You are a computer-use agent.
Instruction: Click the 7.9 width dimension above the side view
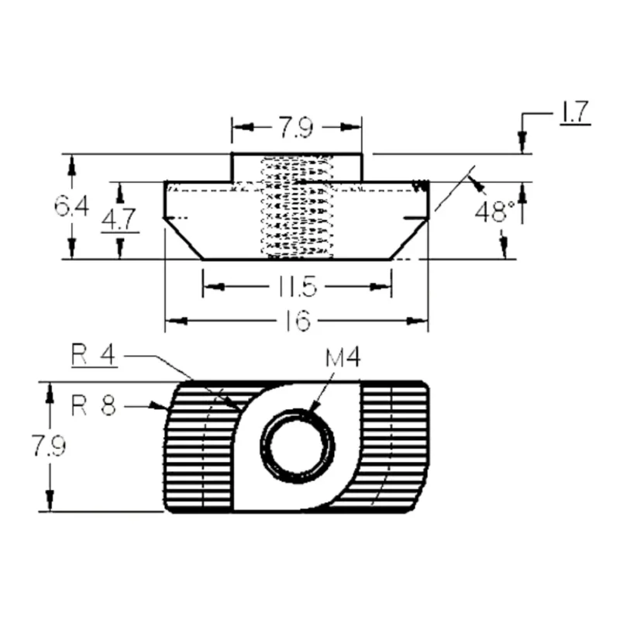[x=296, y=127]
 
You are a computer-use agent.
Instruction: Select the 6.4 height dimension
[x=71, y=206]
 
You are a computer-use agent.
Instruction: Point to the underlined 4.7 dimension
[x=119, y=219]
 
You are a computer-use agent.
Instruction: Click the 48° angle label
[x=495, y=212]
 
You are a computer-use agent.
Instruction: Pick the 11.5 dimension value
[x=298, y=286]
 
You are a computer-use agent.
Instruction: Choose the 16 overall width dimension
[x=298, y=320]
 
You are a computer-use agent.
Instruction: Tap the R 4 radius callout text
[x=94, y=354]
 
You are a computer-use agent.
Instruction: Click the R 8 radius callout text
[x=94, y=405]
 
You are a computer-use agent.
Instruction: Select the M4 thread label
[x=343, y=357]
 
